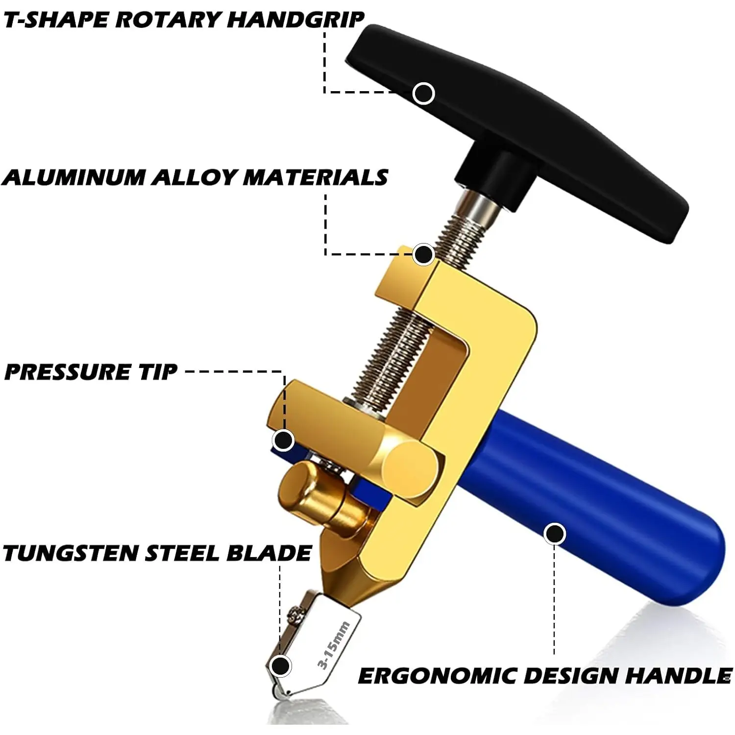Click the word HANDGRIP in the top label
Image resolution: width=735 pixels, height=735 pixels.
[x=295, y=20]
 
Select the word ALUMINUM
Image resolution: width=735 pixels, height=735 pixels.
[x=74, y=177]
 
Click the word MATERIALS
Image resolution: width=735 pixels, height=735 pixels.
[x=316, y=177]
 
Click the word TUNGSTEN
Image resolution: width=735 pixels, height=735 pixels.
[x=71, y=553]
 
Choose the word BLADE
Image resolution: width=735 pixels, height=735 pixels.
[x=269, y=553]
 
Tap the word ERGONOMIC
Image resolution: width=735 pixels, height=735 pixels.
[x=437, y=676]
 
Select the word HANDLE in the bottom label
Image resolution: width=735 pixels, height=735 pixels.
[x=679, y=676]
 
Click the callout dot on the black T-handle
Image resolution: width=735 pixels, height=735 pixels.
[x=424, y=93]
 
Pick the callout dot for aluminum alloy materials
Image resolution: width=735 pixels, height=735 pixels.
[x=423, y=254]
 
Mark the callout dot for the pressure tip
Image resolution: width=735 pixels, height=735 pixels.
[x=283, y=440]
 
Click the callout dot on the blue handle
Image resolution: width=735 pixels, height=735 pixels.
[x=555, y=534]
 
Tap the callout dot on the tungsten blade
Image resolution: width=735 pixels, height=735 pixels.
[x=281, y=666]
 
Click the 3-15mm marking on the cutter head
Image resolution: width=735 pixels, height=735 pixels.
[x=333, y=645]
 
